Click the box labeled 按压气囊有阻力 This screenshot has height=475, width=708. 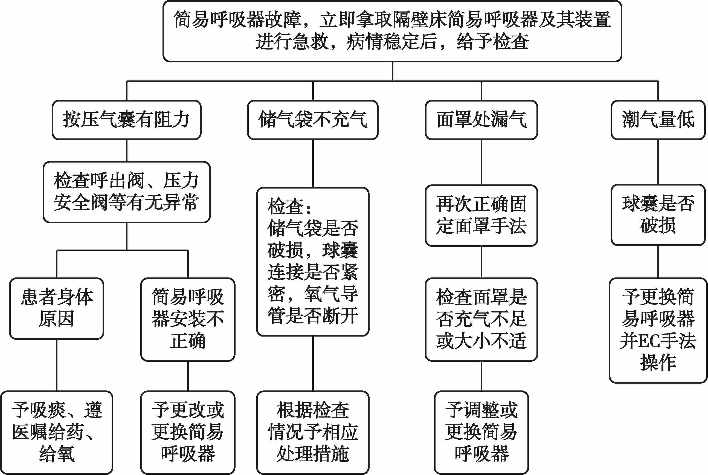(126, 120)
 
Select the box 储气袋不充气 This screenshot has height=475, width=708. (312, 120)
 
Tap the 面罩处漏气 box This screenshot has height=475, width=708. (481, 120)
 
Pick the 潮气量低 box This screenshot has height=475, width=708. (658, 120)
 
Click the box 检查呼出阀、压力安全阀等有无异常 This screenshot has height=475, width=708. (126, 192)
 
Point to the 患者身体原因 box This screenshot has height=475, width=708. (57, 308)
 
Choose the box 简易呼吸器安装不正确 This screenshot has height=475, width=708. (188, 319)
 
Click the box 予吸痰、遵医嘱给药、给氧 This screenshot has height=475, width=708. (57, 432)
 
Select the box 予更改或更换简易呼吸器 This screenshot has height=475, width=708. (188, 432)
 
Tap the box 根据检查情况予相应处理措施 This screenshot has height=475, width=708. (312, 432)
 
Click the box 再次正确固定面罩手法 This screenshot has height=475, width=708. (481, 215)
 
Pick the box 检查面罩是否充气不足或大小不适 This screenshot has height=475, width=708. (481, 319)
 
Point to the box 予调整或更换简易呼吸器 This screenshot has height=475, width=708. (481, 432)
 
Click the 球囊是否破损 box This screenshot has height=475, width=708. (658, 215)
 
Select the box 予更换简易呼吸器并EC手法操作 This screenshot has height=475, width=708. (658, 330)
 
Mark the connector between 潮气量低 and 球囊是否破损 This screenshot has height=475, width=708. (658, 162)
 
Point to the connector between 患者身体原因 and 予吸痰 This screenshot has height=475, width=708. (57, 365)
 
